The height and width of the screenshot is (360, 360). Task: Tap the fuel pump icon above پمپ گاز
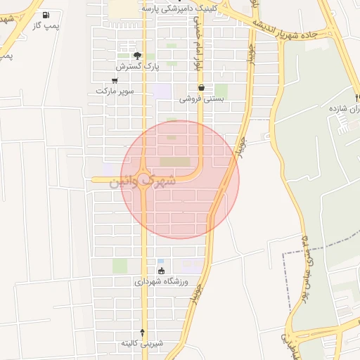(x=46, y=15)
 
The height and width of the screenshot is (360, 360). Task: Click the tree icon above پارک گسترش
(x=137, y=55)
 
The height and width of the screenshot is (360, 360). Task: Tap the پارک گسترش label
(x=139, y=66)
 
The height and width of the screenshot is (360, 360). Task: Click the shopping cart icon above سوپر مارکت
(x=114, y=80)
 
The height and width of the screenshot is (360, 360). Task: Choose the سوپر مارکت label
(x=114, y=91)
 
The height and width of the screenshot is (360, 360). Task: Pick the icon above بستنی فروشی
(x=202, y=88)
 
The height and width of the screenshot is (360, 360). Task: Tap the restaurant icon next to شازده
(x=343, y=120)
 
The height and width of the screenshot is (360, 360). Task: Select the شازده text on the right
(x=345, y=110)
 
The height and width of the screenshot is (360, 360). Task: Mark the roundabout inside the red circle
(x=145, y=180)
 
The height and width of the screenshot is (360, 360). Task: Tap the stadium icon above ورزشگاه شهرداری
(x=162, y=271)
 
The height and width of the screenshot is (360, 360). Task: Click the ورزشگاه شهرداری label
(x=162, y=282)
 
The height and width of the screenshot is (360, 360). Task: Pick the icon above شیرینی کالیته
(x=143, y=332)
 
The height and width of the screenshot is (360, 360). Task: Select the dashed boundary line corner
(x=283, y=251)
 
